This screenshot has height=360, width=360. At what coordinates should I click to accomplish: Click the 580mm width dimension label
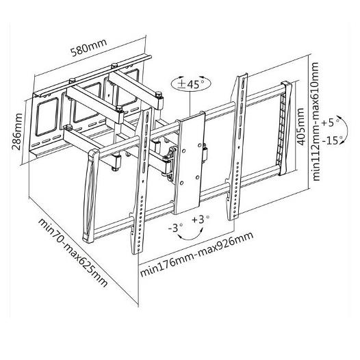(x=88, y=48)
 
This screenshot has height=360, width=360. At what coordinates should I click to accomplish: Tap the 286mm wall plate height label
(x=17, y=131)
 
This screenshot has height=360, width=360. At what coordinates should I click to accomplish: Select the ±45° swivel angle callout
(x=191, y=84)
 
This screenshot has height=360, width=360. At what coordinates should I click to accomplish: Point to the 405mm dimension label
(x=300, y=127)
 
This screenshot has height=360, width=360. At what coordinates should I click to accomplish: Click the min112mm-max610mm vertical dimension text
(x=314, y=121)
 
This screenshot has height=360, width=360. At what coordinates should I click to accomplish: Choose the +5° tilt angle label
(x=330, y=123)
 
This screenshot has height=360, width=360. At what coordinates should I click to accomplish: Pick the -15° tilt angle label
(x=332, y=140)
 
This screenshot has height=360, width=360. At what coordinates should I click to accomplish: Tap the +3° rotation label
(x=201, y=219)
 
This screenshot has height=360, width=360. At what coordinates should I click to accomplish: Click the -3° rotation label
(x=175, y=228)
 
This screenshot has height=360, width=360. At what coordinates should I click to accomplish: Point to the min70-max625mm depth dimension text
(x=73, y=253)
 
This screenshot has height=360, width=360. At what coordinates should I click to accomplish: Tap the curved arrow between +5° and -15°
(x=345, y=130)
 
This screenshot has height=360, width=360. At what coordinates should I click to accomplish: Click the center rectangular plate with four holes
(x=190, y=164)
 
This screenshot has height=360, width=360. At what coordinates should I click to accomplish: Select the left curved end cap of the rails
(x=91, y=196)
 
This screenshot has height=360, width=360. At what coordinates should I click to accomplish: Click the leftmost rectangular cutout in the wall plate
(x=47, y=116)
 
